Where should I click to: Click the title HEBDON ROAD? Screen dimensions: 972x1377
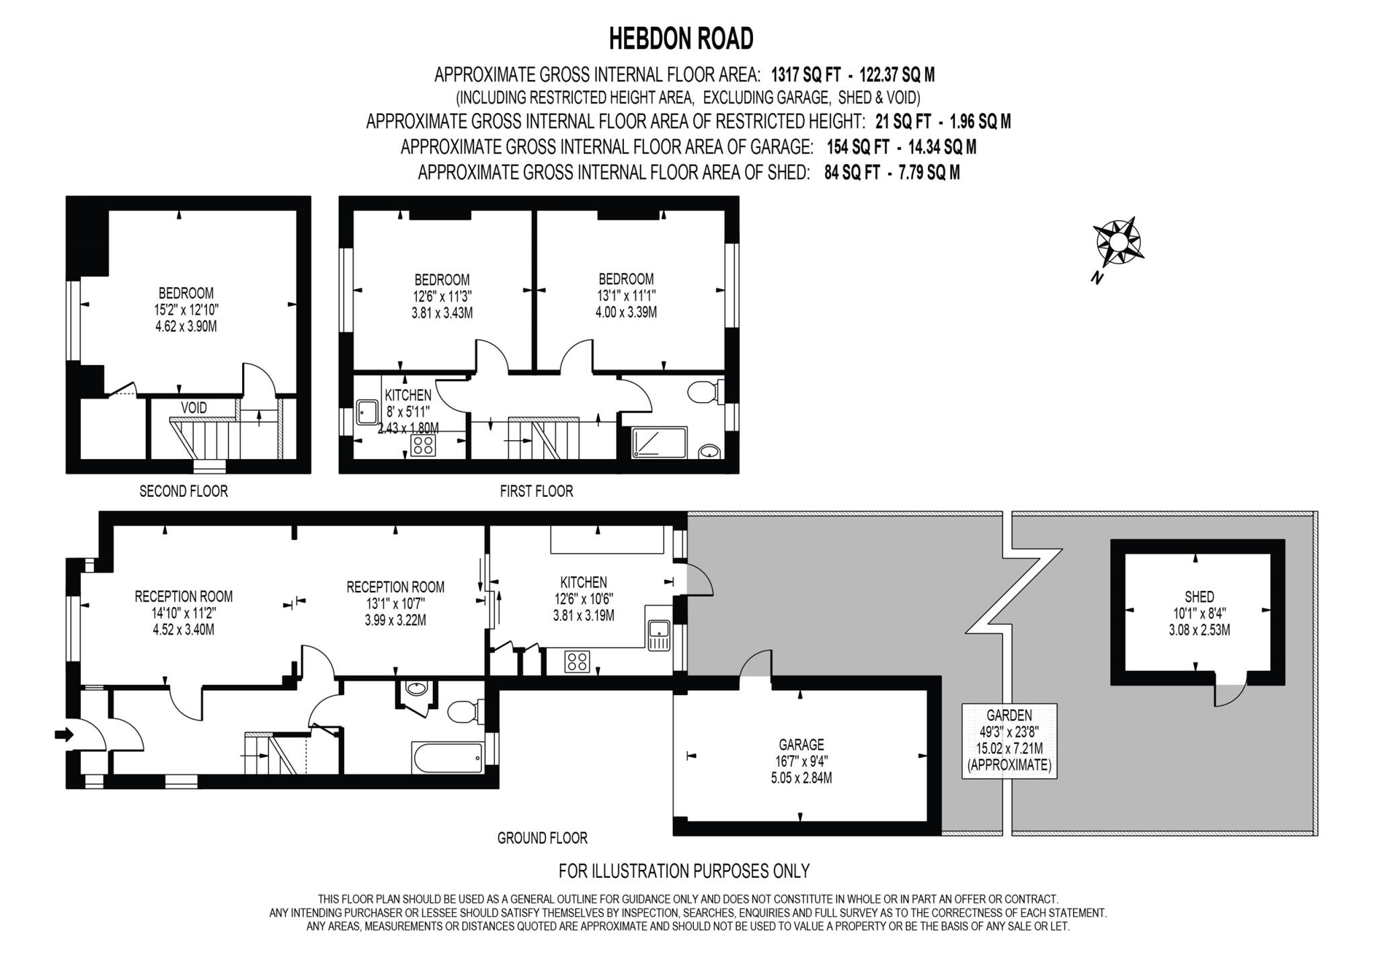[680, 39]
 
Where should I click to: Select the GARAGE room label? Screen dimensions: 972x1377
[801, 745]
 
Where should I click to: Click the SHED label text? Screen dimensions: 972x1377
[1199, 596]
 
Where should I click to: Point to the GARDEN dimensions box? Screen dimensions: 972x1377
[1009, 740]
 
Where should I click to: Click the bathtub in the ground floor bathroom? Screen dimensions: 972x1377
[447, 758]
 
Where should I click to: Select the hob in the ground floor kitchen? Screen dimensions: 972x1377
[578, 662]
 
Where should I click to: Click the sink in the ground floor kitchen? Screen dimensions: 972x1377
[658, 632]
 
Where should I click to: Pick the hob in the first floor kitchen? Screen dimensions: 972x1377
[424, 445]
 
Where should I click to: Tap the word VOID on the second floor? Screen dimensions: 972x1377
[194, 408]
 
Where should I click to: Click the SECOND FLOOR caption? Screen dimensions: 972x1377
[184, 491]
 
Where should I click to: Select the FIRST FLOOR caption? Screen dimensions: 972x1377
[536, 491]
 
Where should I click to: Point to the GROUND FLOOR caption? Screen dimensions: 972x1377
[542, 838]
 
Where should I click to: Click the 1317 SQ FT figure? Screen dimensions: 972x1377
[805, 74]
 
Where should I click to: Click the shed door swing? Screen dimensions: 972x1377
[1230, 694]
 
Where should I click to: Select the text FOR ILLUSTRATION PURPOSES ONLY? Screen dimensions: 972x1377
[684, 871]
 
